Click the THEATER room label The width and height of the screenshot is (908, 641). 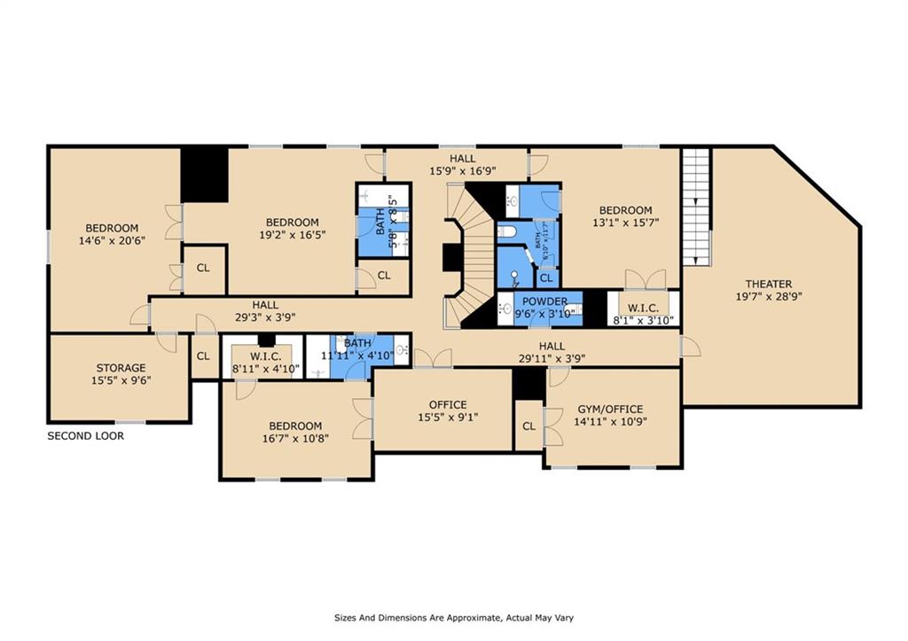pos(768,284)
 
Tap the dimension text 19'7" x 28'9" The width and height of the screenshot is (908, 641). pos(768,297)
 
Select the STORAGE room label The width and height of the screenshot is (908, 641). pos(121,368)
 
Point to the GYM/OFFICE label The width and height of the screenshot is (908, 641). pos(610,409)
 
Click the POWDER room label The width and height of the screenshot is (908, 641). pos(544,301)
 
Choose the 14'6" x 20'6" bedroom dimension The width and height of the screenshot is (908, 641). pos(112,240)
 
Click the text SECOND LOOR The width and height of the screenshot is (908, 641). pos(85,436)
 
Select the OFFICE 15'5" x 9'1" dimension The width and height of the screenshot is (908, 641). pos(448,418)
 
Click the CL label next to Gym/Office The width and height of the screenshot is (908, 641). pos(528,426)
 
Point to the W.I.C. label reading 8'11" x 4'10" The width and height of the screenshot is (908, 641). pos(266,356)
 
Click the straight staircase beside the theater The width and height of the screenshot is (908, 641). pos(697,206)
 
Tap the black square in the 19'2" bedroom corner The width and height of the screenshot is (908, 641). pos(205,174)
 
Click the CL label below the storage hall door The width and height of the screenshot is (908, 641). pos(203,356)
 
